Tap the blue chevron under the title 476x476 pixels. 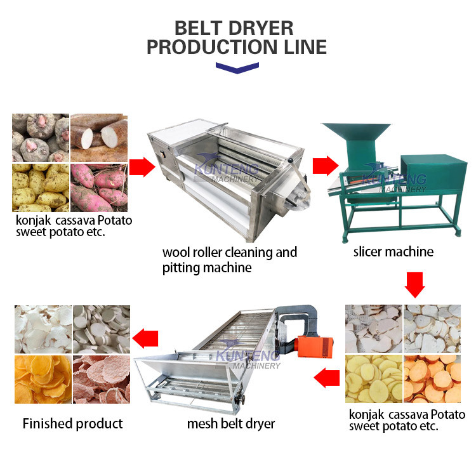237,68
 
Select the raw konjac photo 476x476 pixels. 41,138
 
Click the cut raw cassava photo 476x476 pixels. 99,138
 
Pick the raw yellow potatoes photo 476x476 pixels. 41,188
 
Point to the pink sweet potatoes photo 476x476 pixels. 99,188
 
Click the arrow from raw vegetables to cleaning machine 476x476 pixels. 142,167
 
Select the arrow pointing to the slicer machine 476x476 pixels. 326,166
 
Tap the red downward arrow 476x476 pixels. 414,285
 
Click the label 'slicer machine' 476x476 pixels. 393,252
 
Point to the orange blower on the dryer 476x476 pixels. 315,346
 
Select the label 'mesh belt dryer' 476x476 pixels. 231,424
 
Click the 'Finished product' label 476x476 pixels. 72,424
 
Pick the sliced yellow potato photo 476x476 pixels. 374,379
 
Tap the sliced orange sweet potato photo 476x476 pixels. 432,379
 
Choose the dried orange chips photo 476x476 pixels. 43,380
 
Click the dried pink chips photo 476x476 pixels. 102,380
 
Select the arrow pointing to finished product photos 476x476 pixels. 145,338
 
